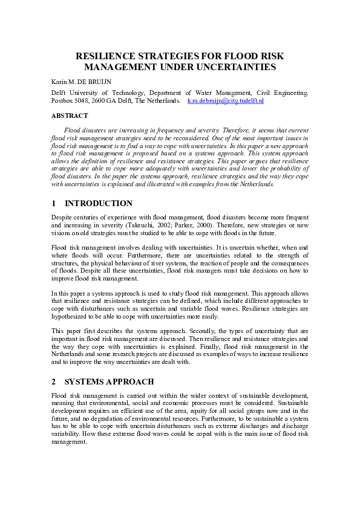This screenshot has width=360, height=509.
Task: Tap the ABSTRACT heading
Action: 70,115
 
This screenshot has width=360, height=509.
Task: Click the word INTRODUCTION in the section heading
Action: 98,204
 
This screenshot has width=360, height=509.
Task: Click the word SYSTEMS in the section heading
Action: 88,382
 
